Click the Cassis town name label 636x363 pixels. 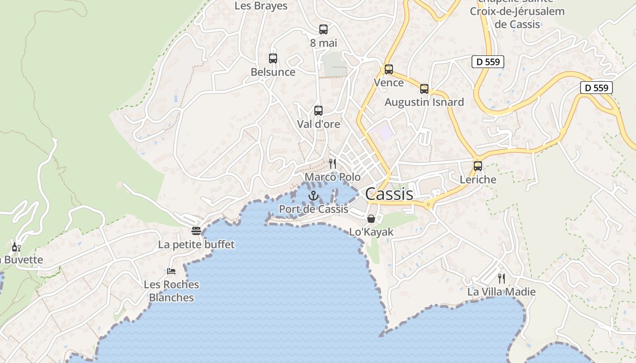[x=389, y=194]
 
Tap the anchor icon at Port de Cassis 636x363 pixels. [x=313, y=196]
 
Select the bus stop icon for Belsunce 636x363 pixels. [x=273, y=58]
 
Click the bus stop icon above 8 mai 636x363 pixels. [x=323, y=29]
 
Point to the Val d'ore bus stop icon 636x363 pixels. [x=318, y=110]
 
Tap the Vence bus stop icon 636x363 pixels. [x=388, y=69]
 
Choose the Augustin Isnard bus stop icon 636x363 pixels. [x=424, y=89]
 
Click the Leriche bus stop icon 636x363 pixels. [x=477, y=166]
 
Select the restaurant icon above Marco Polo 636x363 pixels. [x=333, y=163]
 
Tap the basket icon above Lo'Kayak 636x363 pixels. [x=371, y=219]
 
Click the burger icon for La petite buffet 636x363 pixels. [x=196, y=231]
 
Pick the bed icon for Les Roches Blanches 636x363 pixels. [x=171, y=271]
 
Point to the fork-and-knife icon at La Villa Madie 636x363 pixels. [x=501, y=278]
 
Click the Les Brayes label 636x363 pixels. [x=261, y=6]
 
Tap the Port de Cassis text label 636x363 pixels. [x=313, y=209]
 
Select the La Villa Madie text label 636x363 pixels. [x=501, y=292]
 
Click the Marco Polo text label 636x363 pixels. [x=333, y=177]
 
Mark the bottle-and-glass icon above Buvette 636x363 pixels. [x=16, y=247]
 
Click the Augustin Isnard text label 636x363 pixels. [x=424, y=102]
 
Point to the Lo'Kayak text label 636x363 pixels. [x=371, y=232]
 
